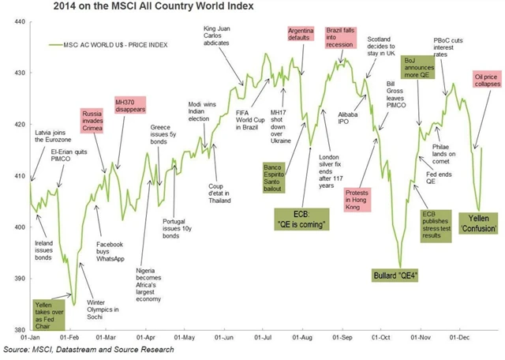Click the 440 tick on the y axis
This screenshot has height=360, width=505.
(x=14, y=24)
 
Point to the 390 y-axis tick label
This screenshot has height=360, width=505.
(x=14, y=278)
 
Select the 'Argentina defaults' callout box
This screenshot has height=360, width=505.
(x=301, y=38)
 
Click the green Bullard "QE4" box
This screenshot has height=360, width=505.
(x=397, y=275)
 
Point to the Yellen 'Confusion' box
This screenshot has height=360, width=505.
(x=481, y=223)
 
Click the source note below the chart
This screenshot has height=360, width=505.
(x=88, y=349)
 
